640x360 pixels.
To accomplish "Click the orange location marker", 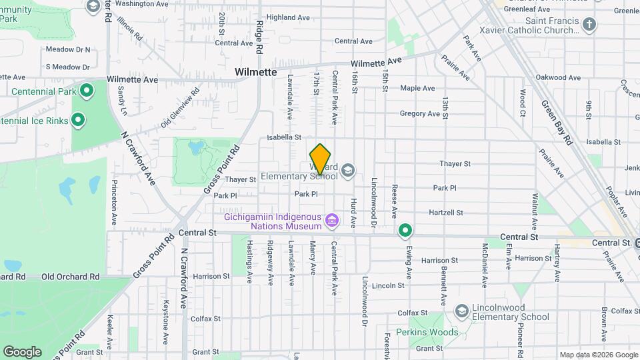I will tap(321, 159).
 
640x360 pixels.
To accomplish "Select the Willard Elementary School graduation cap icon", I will tap(347, 171).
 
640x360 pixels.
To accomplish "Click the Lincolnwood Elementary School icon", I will tap(461, 311).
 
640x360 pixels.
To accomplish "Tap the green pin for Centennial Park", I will tap(85, 90).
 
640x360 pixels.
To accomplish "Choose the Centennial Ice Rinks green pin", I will tap(78, 121).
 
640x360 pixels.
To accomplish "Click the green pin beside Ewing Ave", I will tap(405, 231).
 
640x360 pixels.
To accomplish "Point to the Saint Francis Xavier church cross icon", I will tap(589, 25).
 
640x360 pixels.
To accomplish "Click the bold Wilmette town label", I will tap(255, 71).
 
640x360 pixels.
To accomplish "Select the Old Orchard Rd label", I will tap(70, 276).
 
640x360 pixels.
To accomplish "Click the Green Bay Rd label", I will tap(557, 123).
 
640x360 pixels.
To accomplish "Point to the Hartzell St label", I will tap(446, 213).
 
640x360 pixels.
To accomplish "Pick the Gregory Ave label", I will tap(419, 113).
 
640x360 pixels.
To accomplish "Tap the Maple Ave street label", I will tap(417, 88).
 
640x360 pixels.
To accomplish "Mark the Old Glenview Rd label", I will tap(180, 109).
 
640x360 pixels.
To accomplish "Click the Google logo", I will tap(22, 351).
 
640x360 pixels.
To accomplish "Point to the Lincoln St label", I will tap(389, 285).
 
